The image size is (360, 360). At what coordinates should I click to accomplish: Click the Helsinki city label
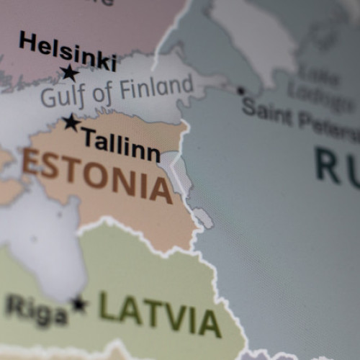67,50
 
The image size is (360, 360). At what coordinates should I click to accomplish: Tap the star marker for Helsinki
69,72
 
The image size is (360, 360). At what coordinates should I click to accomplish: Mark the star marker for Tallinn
71,122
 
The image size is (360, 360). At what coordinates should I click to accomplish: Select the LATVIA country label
159,314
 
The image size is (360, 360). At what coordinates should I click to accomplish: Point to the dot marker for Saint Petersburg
240,91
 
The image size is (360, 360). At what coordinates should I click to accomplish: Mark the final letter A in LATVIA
209,323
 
